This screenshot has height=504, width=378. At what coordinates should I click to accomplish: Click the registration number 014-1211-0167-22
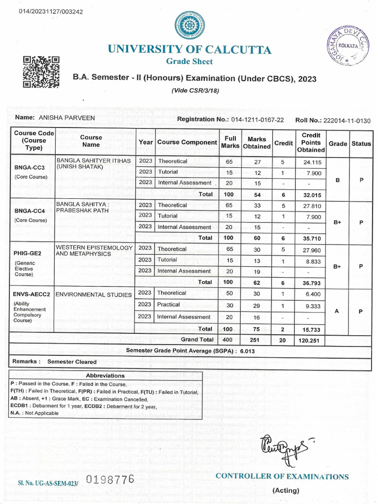tap(257, 120)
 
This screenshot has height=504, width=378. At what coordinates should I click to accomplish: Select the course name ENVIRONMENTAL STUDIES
tap(94, 295)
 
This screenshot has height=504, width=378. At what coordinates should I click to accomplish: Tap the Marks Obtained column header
tap(256, 143)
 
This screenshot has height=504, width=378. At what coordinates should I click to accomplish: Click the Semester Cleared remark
tap(72, 362)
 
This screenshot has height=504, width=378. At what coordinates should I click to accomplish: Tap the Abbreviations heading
tap(105, 376)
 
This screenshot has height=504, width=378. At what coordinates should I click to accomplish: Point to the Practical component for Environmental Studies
tap(168, 305)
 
